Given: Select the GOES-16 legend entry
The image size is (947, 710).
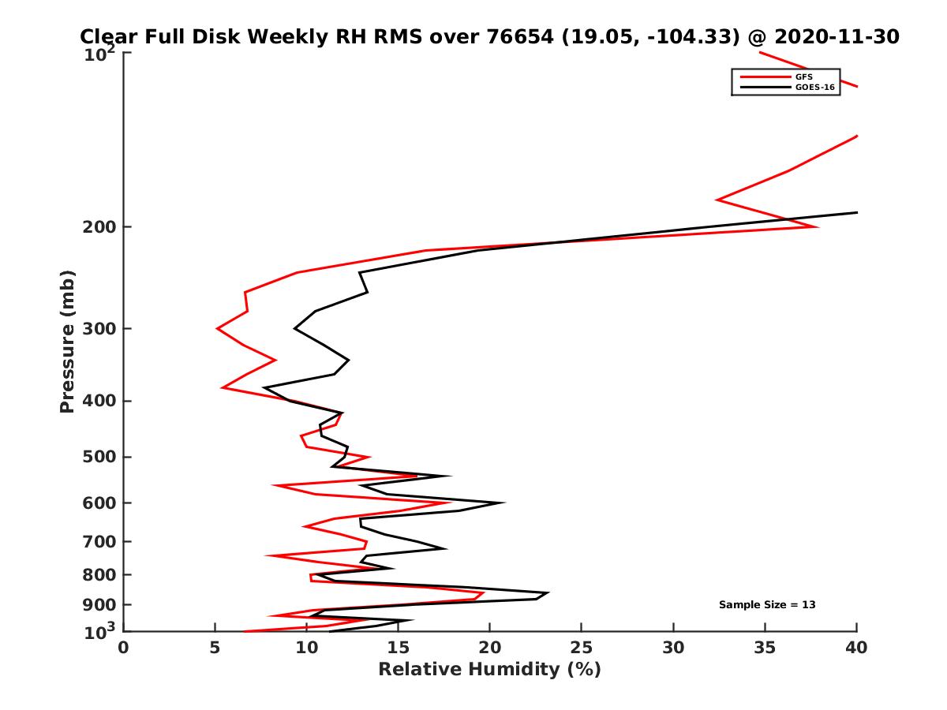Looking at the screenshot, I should point(814,88).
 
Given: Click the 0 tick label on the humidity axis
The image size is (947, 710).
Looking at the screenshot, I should point(124,648).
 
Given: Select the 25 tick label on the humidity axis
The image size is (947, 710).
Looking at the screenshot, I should point(582,648).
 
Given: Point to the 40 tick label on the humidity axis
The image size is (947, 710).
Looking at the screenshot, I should point(856,648).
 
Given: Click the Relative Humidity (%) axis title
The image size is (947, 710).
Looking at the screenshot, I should point(489,670).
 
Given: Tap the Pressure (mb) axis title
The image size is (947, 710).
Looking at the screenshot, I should point(67,341).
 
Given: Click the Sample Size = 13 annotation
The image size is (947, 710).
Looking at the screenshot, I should point(766,605).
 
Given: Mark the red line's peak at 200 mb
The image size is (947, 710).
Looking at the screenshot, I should point(818,227).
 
